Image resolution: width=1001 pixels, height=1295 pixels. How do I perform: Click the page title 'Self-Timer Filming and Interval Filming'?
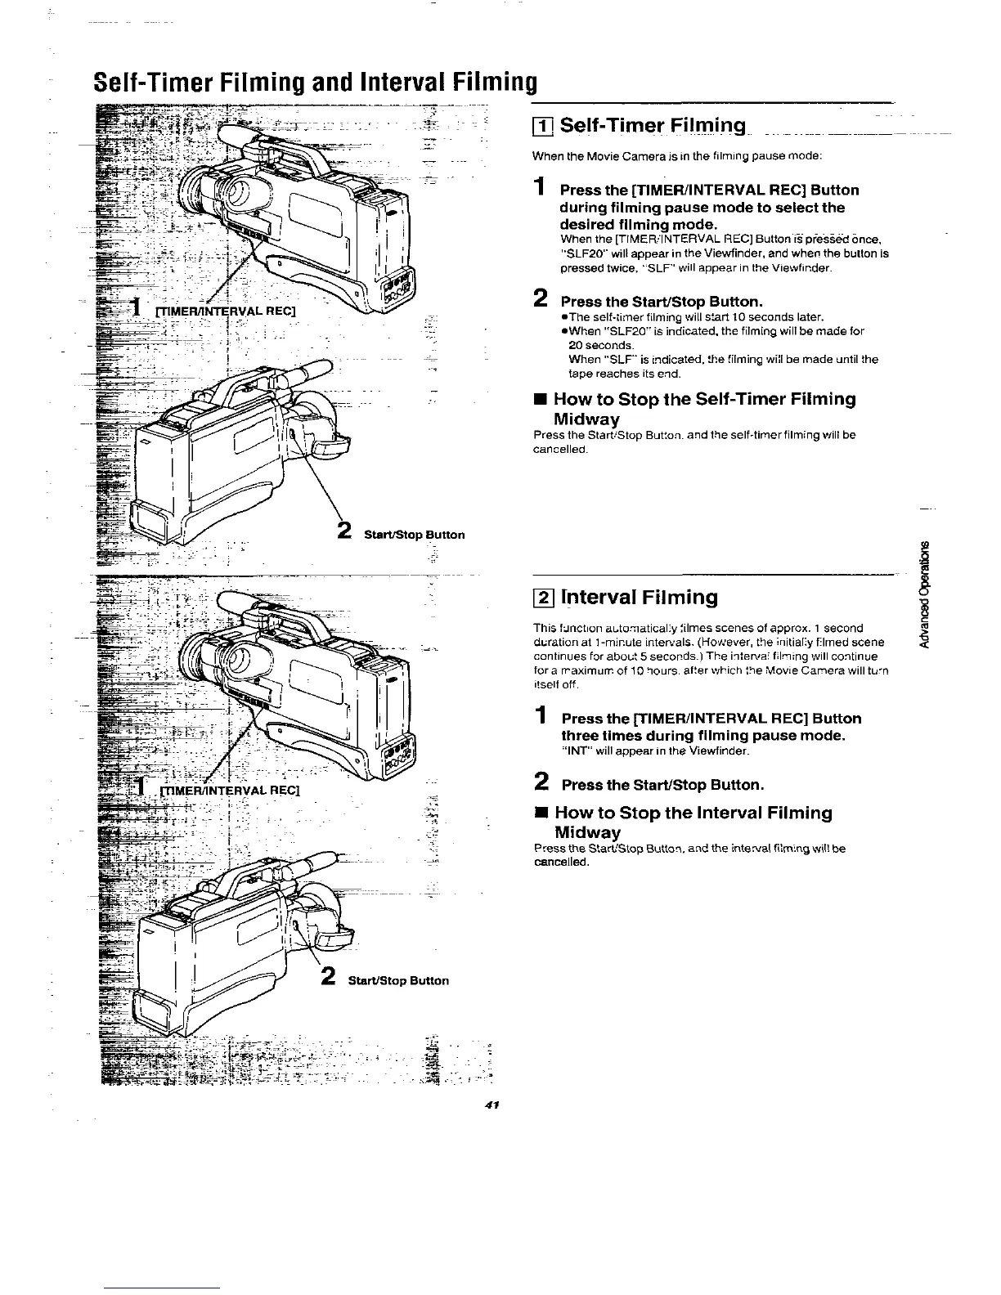point(315,83)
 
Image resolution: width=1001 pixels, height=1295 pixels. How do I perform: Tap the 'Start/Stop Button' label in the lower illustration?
point(398,980)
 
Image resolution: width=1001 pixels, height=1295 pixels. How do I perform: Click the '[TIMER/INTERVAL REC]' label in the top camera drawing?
point(225,309)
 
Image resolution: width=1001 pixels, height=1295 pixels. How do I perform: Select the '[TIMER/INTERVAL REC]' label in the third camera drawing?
point(230,791)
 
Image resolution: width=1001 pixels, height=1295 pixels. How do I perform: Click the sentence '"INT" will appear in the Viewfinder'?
point(655,751)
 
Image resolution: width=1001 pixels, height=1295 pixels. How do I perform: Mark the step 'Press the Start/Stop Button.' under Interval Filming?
point(662,785)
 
